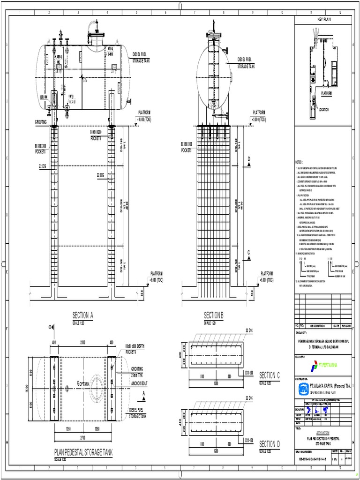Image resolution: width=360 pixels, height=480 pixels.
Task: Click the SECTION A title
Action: click(x=83, y=315)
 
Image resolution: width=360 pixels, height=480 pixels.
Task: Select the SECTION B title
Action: click(x=214, y=315)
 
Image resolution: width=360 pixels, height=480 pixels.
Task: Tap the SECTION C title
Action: click(x=269, y=375)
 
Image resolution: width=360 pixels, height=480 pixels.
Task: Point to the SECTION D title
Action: click(x=269, y=443)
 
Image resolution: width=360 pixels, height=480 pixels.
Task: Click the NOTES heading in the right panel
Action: click(x=300, y=161)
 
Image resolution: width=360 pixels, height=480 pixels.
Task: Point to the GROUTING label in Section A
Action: click(x=41, y=121)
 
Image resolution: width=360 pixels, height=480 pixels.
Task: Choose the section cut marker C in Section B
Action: click(x=249, y=254)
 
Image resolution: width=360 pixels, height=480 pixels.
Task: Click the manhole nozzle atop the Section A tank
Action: click(x=97, y=36)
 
